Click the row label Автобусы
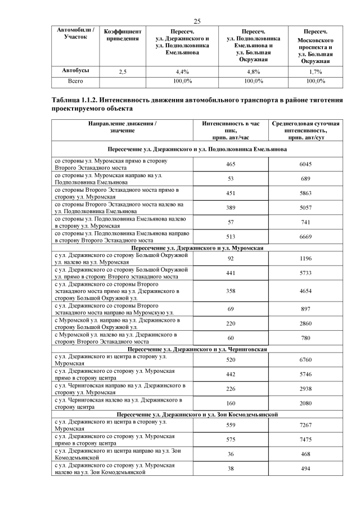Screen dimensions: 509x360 (x=76, y=71)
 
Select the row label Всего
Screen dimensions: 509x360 (x=76, y=81)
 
